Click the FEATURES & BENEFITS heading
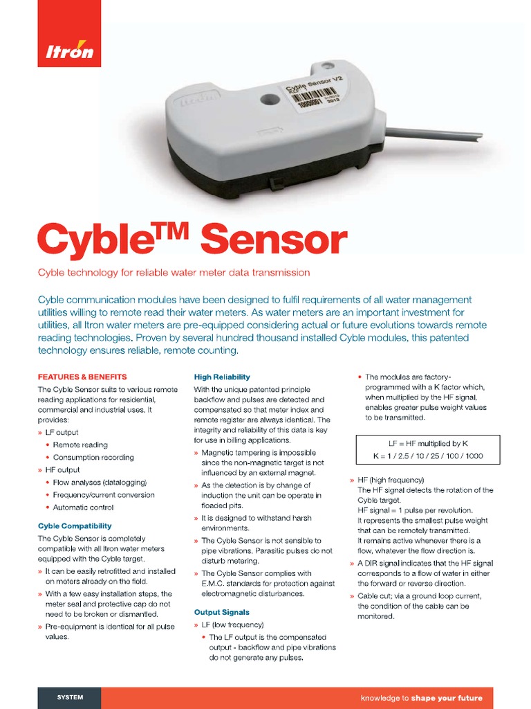(x=82, y=377)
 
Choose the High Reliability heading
(x=222, y=377)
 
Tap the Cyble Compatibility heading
(x=75, y=526)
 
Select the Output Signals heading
(x=222, y=613)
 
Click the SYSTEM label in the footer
(x=70, y=697)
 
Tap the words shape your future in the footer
(x=447, y=698)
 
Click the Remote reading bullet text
(x=80, y=445)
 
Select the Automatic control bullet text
(x=84, y=508)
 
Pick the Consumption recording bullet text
(x=93, y=458)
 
